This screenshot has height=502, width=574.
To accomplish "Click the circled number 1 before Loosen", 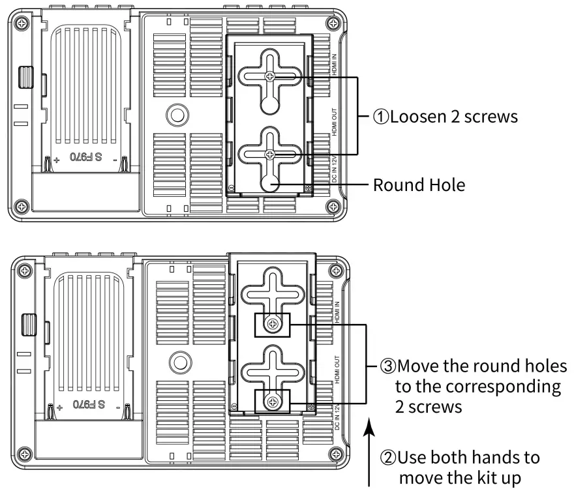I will tap(382, 117).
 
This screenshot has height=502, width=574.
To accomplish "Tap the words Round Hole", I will tap(419, 185).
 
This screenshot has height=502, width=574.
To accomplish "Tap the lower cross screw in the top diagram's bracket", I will tap(270, 154).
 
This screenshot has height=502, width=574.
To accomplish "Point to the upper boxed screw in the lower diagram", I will tap(273, 323).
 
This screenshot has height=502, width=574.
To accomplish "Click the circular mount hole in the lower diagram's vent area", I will tap(179, 361).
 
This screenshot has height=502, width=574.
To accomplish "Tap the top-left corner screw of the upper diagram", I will tap(23, 23).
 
